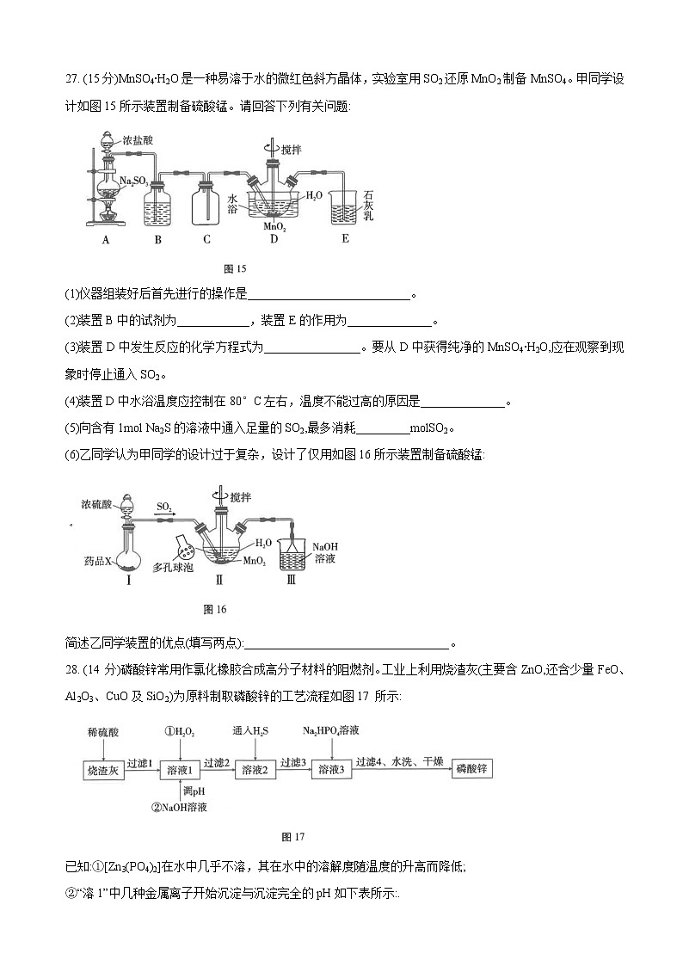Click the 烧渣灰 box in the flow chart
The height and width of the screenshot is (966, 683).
102,770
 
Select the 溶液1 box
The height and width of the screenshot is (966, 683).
184,770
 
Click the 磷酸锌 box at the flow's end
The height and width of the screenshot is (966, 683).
473,769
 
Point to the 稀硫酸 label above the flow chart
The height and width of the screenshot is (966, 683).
103,732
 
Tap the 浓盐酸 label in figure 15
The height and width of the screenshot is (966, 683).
138,138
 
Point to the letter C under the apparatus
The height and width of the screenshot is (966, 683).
206,241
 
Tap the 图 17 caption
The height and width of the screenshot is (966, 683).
293,836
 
